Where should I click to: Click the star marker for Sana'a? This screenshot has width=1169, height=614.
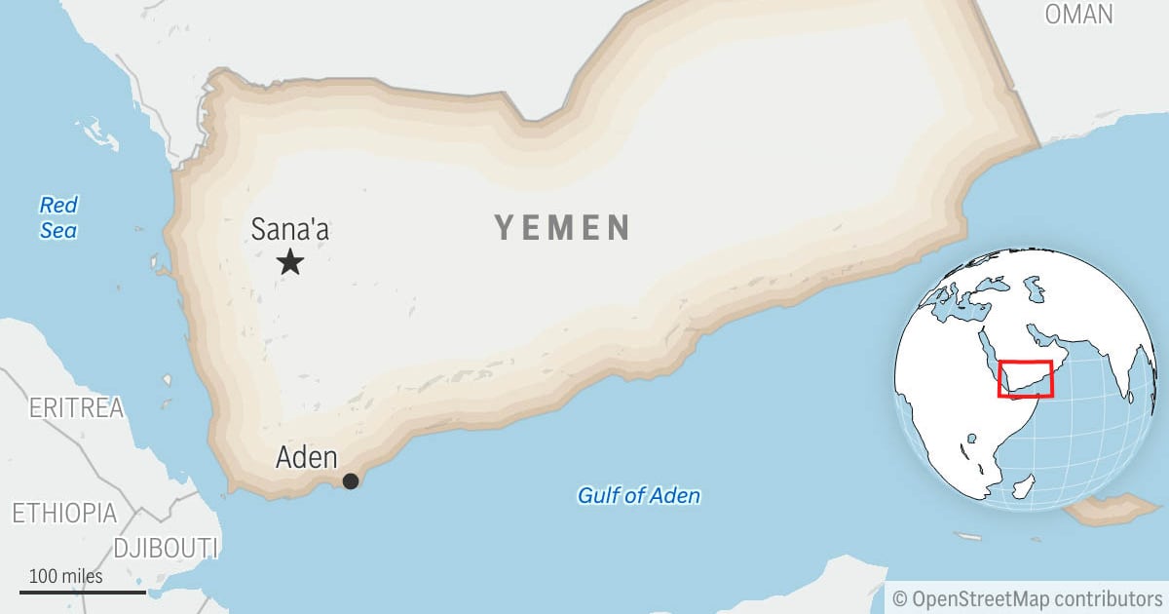click(x=290, y=261)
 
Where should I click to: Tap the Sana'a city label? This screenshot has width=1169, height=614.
click(x=290, y=229)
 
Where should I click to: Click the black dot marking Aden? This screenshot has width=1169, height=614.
click(x=351, y=480)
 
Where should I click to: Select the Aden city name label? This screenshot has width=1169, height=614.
click(x=307, y=457)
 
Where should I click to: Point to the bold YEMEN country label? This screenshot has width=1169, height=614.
click(x=563, y=228)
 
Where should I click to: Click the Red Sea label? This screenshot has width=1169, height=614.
click(x=58, y=217)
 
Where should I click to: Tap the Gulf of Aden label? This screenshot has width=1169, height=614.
click(x=639, y=495)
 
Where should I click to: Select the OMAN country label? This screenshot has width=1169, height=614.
click(x=1078, y=14)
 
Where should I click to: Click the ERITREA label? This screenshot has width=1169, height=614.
click(x=77, y=408)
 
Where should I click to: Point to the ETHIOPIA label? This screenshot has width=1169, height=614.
click(x=64, y=513)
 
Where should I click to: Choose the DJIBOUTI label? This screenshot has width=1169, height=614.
click(x=166, y=548)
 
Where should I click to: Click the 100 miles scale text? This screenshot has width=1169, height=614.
click(x=65, y=576)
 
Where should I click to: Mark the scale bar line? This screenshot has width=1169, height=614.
click(x=83, y=592)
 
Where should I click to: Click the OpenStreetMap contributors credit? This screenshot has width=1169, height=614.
click(x=1028, y=597)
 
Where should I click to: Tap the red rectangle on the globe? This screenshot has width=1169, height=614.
click(x=1025, y=378)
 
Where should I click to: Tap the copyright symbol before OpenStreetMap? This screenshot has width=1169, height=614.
click(x=900, y=597)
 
